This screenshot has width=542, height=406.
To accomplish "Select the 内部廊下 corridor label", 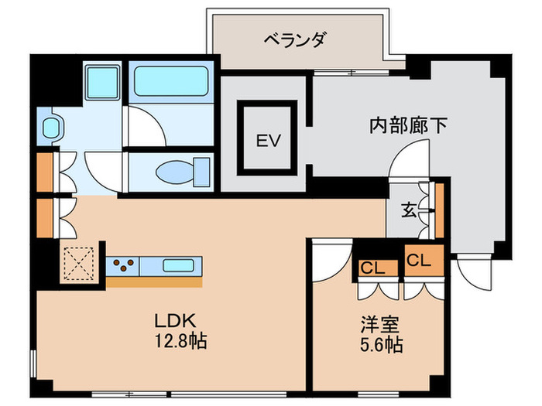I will (407, 126).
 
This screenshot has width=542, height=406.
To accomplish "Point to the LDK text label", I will (179, 320).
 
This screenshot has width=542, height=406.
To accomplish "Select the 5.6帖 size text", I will (379, 345).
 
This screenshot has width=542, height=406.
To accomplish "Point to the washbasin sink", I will (52, 127).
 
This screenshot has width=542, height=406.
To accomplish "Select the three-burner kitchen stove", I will (125, 265).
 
